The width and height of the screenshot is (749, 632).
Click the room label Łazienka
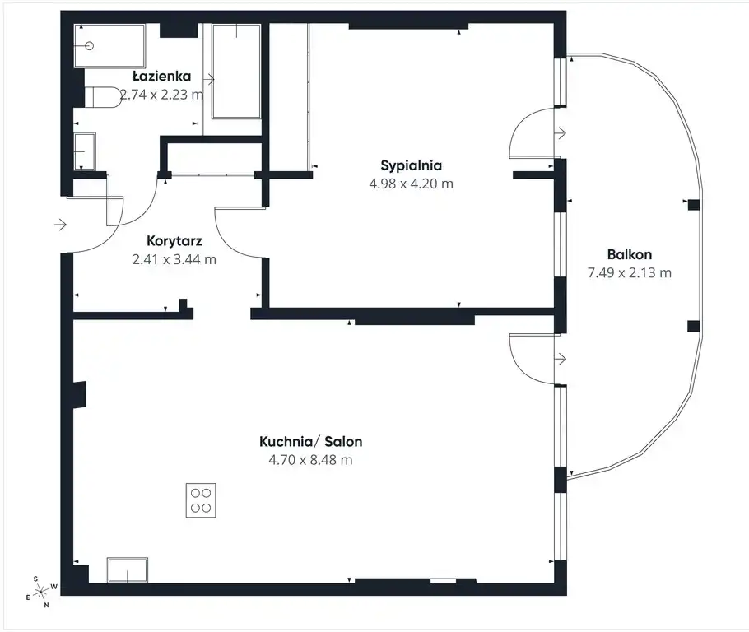161,76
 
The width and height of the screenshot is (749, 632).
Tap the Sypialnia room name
411,165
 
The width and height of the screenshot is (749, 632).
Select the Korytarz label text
174,241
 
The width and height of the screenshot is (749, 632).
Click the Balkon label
629,254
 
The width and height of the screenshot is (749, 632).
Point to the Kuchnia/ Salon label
310,441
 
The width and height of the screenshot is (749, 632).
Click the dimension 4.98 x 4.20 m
411,184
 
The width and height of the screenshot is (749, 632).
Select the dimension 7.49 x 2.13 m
629,272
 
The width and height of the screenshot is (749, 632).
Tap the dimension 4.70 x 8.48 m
310,460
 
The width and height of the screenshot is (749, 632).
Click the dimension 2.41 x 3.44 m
174,259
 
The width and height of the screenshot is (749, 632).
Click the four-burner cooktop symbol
201,500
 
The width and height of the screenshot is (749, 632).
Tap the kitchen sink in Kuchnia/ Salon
127,570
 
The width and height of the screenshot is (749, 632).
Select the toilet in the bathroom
103,97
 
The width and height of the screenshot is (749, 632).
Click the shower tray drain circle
89,46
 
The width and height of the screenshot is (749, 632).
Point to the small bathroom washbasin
85,151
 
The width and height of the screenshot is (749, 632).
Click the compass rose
41,592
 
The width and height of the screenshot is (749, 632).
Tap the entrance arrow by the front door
60,224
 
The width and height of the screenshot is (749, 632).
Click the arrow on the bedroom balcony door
560,132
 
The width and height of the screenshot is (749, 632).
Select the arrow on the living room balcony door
560,359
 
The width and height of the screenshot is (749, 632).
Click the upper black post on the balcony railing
694,205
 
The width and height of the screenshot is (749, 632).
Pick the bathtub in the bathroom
236,71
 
